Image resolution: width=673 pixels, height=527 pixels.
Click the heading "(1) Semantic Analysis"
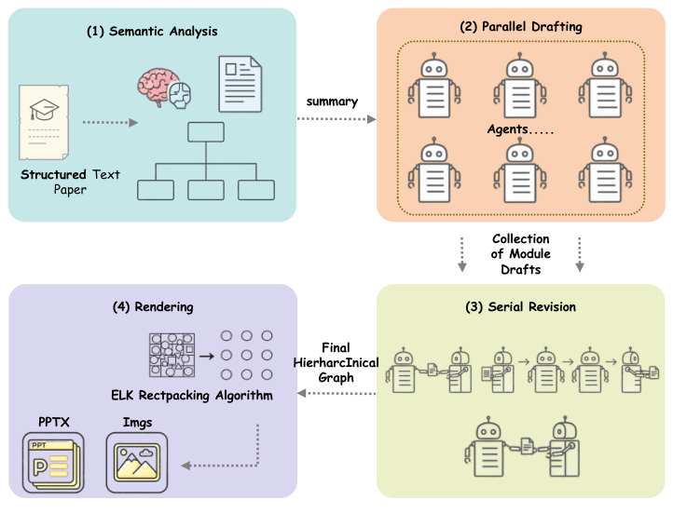click(152, 32)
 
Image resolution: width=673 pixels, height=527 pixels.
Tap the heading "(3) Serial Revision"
click(519, 306)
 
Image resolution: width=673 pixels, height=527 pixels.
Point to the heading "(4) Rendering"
click(152, 306)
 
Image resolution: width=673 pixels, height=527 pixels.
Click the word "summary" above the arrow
click(332, 101)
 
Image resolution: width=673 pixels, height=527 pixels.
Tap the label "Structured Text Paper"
click(71, 182)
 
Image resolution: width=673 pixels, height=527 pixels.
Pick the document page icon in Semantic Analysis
click(240, 83)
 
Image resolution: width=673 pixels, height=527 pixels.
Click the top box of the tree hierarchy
click(206, 133)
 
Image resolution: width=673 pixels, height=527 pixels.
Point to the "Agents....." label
click(520, 129)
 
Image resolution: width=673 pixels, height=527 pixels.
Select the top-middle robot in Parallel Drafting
click(520, 85)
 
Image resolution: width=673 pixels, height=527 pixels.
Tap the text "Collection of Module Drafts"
click(520, 254)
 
